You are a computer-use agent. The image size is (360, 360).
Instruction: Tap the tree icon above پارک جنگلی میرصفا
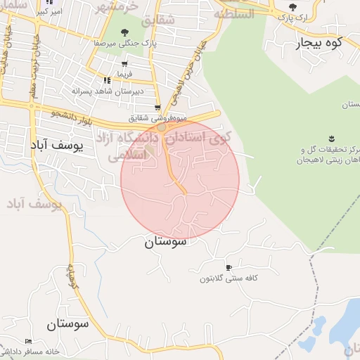(124, 32)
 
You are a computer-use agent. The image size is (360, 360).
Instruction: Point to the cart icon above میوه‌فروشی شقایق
(159, 108)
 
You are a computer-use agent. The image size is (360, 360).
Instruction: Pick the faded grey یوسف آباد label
(35, 203)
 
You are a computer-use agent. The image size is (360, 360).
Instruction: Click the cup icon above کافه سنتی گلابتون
(228, 267)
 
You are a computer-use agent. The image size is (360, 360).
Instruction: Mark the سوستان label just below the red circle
(167, 243)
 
